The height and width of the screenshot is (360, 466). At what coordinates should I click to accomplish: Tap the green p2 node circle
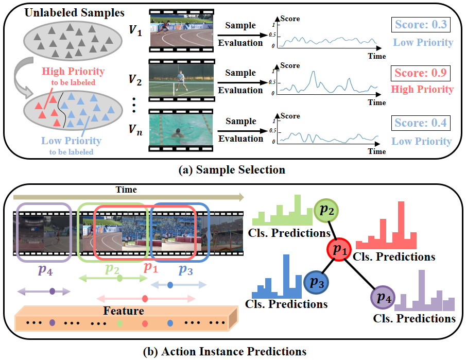[x=326, y=211]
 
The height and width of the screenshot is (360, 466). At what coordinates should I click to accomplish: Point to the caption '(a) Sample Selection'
[x=232, y=169]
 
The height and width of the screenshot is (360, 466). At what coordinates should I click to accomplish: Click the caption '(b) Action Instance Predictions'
[x=232, y=351]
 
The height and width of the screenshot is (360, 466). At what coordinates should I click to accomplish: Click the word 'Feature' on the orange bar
[x=123, y=311]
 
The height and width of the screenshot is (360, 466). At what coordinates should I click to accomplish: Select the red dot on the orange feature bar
[x=145, y=323]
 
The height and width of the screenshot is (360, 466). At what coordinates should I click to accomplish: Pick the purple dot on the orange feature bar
[x=52, y=323]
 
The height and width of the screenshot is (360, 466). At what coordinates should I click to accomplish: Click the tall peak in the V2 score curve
[x=313, y=73]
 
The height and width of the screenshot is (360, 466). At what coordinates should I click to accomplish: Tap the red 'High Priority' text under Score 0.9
[x=422, y=90]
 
